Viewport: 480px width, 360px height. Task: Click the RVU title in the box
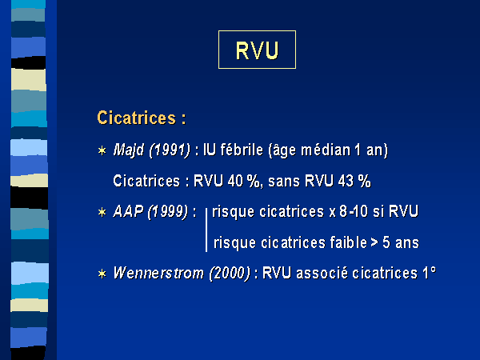(x=257, y=50)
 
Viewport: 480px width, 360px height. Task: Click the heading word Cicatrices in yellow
(x=137, y=118)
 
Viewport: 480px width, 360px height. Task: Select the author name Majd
(x=129, y=150)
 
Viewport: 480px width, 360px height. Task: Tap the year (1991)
(x=170, y=150)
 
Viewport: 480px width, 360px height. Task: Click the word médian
(x=326, y=150)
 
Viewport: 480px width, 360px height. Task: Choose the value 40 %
(x=244, y=181)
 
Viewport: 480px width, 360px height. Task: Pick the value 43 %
(x=354, y=181)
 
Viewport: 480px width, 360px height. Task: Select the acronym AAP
(x=128, y=211)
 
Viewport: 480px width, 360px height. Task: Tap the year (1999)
(x=168, y=211)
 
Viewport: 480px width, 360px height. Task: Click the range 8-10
(x=354, y=211)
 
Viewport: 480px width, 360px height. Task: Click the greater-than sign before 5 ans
(x=374, y=242)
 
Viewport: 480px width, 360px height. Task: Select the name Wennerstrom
(x=158, y=273)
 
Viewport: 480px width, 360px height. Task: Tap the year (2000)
(x=230, y=273)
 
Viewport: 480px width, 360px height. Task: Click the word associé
(x=322, y=273)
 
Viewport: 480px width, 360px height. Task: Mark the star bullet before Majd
(x=102, y=150)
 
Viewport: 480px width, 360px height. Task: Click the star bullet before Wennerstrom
(x=102, y=274)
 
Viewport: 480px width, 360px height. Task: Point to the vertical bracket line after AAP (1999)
(x=206, y=230)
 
